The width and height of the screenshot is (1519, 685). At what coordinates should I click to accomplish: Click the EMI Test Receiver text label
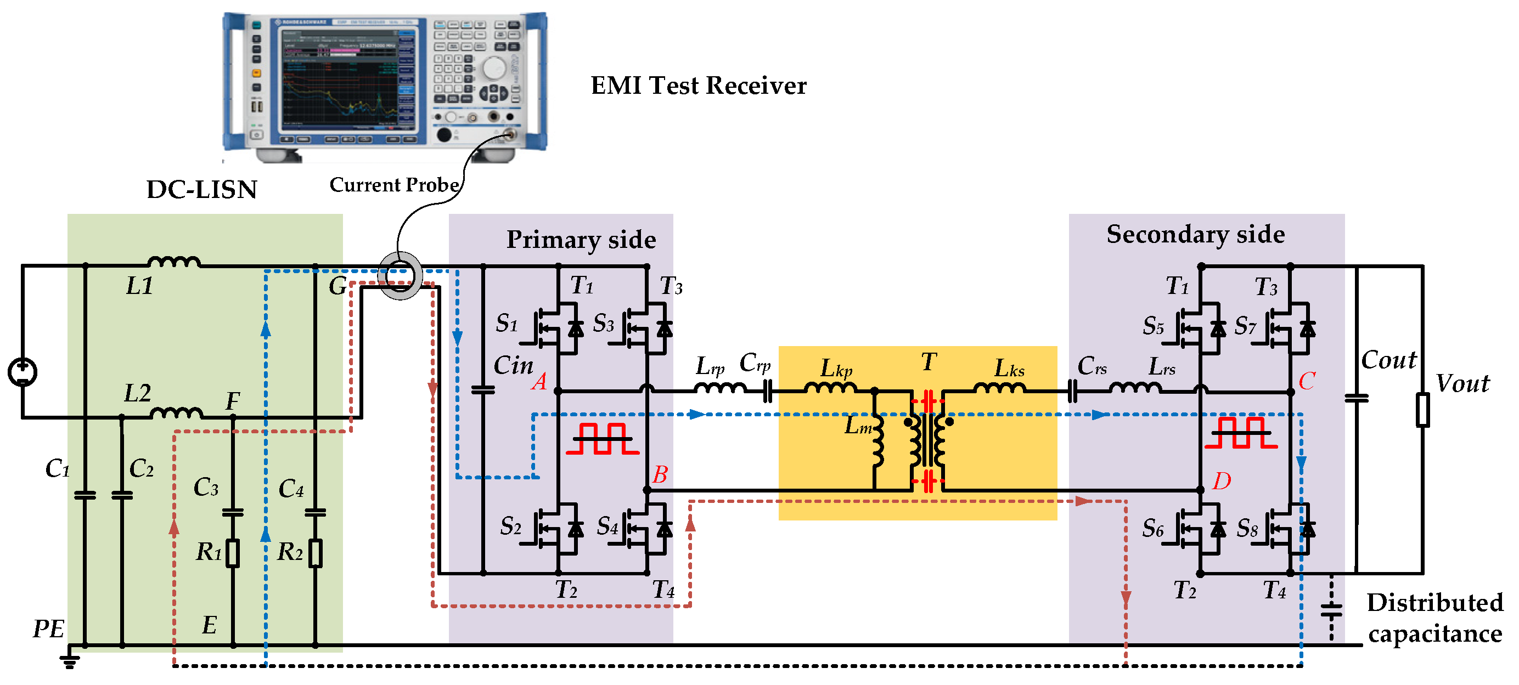pyautogui.click(x=698, y=86)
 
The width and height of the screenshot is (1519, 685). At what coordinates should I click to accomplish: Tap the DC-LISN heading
pyautogui.click(x=201, y=190)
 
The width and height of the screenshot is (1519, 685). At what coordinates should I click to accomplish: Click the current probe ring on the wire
pyautogui.click(x=400, y=275)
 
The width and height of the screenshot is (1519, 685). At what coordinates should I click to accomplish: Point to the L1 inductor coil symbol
pyautogui.click(x=174, y=262)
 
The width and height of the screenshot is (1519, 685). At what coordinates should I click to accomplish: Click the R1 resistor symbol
pyautogui.click(x=233, y=553)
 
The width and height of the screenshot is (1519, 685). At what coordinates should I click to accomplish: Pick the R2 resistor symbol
pyautogui.click(x=316, y=553)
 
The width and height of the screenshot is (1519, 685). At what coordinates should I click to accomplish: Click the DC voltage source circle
pyautogui.click(x=22, y=372)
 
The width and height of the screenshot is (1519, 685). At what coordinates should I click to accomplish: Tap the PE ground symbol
pyautogui.click(x=70, y=660)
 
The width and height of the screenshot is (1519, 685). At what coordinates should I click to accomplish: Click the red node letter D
pyautogui.click(x=1221, y=481)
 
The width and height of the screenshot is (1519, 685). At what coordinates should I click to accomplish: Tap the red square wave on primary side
pyautogui.click(x=602, y=439)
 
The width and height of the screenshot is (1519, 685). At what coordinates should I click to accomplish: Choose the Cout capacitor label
pyautogui.click(x=1388, y=360)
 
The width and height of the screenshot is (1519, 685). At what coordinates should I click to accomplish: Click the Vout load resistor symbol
pyautogui.click(x=1422, y=410)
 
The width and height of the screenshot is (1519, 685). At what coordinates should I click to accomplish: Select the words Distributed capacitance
pyautogui.click(x=1434, y=618)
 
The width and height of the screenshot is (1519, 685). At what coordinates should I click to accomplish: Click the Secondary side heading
pyautogui.click(x=1195, y=235)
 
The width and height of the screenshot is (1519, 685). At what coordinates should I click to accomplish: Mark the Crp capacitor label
pyautogui.click(x=755, y=363)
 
